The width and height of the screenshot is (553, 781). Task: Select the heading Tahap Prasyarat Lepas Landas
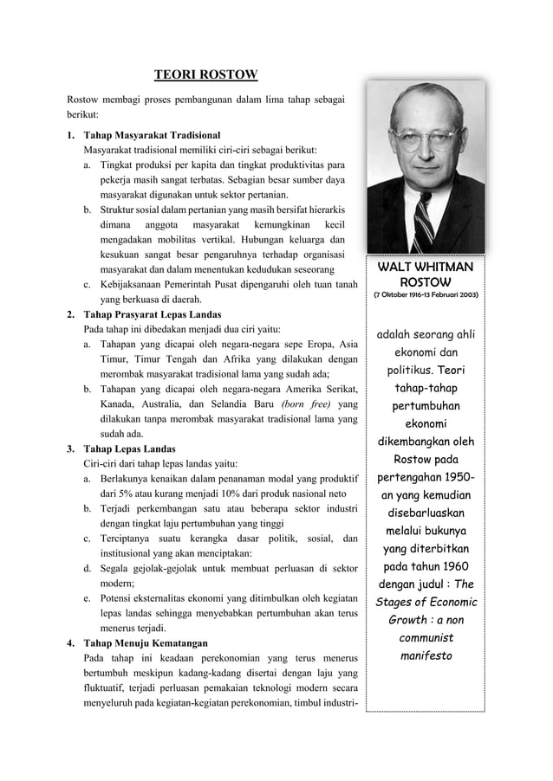(152, 313)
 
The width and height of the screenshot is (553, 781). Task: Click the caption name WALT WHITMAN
(425, 268)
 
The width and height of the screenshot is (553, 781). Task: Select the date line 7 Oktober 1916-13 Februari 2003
(425, 296)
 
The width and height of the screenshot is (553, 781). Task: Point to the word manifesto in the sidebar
(425, 656)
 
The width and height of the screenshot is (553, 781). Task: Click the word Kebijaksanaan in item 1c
(137, 284)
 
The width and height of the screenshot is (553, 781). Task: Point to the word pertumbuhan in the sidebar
(425, 405)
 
